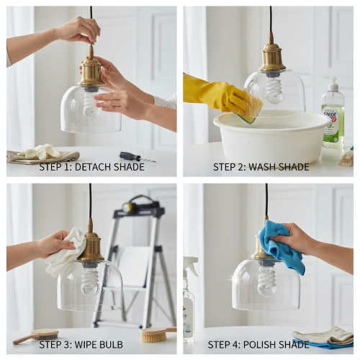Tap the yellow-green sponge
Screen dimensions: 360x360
tap(253, 109)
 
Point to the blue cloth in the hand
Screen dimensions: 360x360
tap(279, 246)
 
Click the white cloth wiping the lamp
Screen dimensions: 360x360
tap(65, 253)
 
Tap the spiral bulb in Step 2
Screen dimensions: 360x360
tap(274, 89)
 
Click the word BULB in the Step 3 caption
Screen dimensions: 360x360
tap(110, 344)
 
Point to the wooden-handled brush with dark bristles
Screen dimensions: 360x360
tap(37, 336)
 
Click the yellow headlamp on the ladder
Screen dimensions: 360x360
tap(127, 207)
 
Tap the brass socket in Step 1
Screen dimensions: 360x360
tap(91, 70)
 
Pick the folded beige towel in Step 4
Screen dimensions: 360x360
tap(323, 335)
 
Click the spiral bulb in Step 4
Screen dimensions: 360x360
tap(267, 282)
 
